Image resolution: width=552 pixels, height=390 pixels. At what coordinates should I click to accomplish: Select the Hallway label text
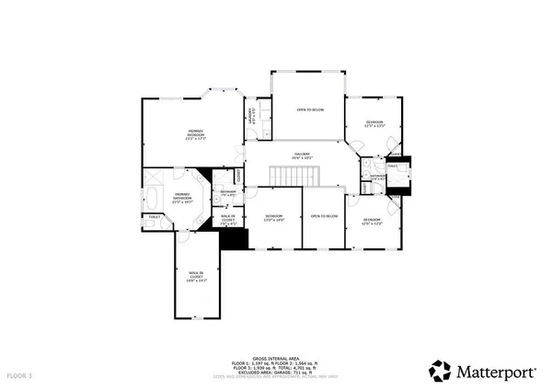pos(303,156)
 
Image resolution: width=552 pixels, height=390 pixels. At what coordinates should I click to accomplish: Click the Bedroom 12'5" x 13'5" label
pos(374,124)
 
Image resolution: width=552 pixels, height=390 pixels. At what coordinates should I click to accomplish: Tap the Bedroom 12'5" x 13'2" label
pos(373,222)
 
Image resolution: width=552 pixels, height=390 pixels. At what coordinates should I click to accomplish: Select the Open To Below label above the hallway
pos(309,109)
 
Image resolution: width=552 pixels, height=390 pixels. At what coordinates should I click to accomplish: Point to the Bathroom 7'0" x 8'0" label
pos(229,193)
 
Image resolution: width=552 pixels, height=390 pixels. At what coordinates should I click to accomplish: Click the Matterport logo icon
pos(439,371)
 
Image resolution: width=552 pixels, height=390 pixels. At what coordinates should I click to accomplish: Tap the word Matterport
pos(496,372)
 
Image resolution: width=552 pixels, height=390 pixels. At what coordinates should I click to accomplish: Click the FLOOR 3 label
pos(19,376)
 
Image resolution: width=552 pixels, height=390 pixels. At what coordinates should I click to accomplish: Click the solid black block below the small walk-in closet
pos(236,237)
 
